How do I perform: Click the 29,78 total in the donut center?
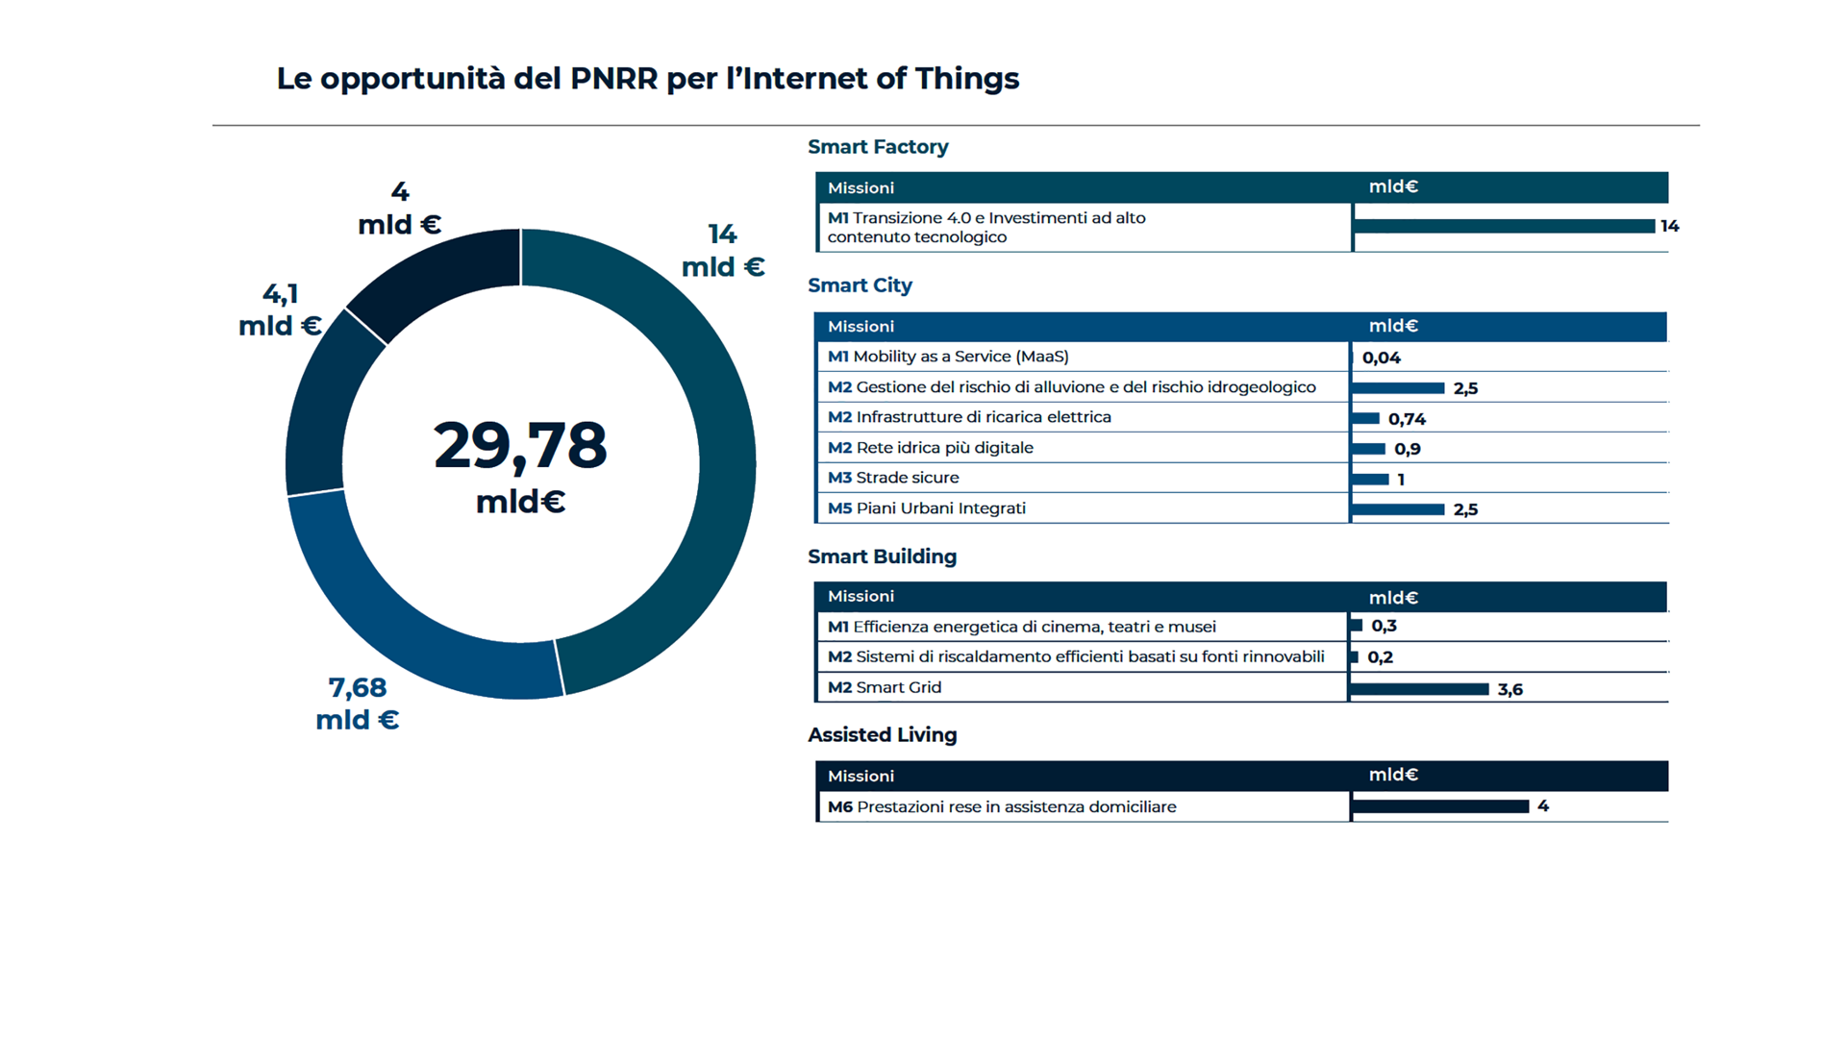(520, 445)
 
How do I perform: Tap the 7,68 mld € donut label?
(358, 704)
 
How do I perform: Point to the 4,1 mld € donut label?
(280, 309)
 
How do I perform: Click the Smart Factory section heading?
(878, 147)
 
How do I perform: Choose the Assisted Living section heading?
(883, 735)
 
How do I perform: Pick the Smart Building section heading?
(883, 556)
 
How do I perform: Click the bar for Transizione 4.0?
(1504, 226)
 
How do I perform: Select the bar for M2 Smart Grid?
(1419, 689)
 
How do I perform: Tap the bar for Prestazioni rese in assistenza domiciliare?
(1440, 806)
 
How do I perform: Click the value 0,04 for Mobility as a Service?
(1382, 358)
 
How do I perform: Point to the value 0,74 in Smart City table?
(1407, 419)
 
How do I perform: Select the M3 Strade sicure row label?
(893, 478)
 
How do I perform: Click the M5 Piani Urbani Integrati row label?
(927, 508)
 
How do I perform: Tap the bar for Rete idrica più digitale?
(1368, 449)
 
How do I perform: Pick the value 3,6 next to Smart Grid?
(1510, 690)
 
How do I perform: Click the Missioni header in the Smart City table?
(861, 327)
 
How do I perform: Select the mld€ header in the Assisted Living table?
(1393, 775)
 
